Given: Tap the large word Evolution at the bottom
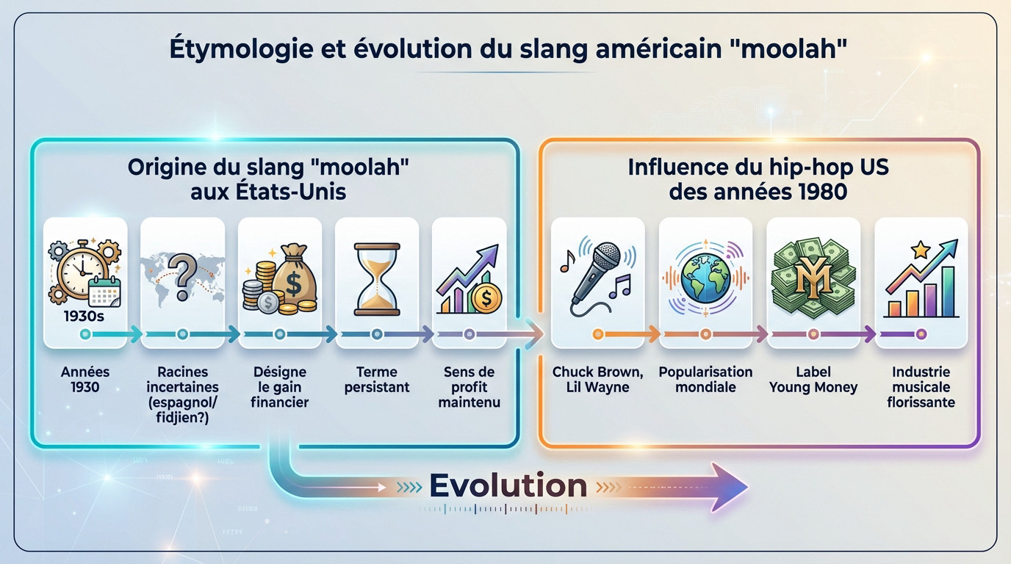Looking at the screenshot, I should (x=508, y=485).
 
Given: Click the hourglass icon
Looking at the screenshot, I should (x=377, y=280).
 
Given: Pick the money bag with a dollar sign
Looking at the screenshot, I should (x=293, y=279).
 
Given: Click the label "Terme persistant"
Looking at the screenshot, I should (x=377, y=379).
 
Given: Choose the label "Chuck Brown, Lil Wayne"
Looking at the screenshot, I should (x=597, y=379).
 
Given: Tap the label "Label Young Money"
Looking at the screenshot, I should (x=813, y=379).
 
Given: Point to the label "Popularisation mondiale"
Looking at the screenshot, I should (x=705, y=379).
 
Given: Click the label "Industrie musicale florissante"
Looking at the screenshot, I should (x=921, y=387).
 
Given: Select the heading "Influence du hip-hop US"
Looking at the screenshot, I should (x=758, y=167).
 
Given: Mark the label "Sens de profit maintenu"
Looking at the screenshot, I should (x=469, y=387).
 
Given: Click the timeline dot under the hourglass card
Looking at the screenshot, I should (x=377, y=335).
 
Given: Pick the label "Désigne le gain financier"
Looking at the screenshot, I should (x=280, y=387).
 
